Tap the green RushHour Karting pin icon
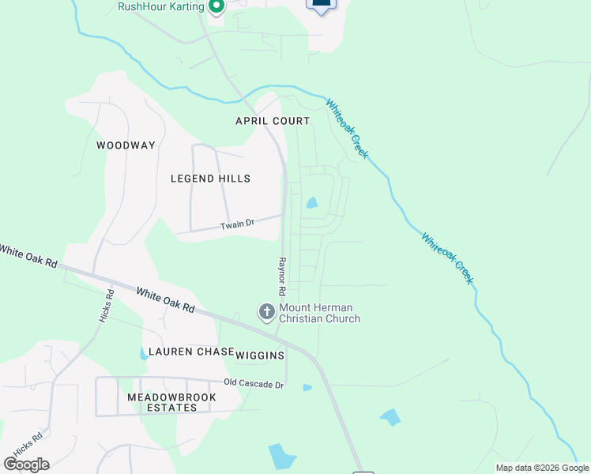tap(216, 6)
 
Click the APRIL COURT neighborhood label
tap(273, 121)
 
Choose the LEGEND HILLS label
tap(210, 179)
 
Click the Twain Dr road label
tap(237, 224)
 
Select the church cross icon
tap(267, 312)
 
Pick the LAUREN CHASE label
tap(186, 352)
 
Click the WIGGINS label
tap(260, 355)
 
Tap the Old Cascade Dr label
tap(253, 384)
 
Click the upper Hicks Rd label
tap(107, 304)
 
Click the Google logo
tap(26, 464)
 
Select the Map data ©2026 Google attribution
tap(543, 468)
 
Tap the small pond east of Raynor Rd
tap(312, 203)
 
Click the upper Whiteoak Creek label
tap(347, 129)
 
